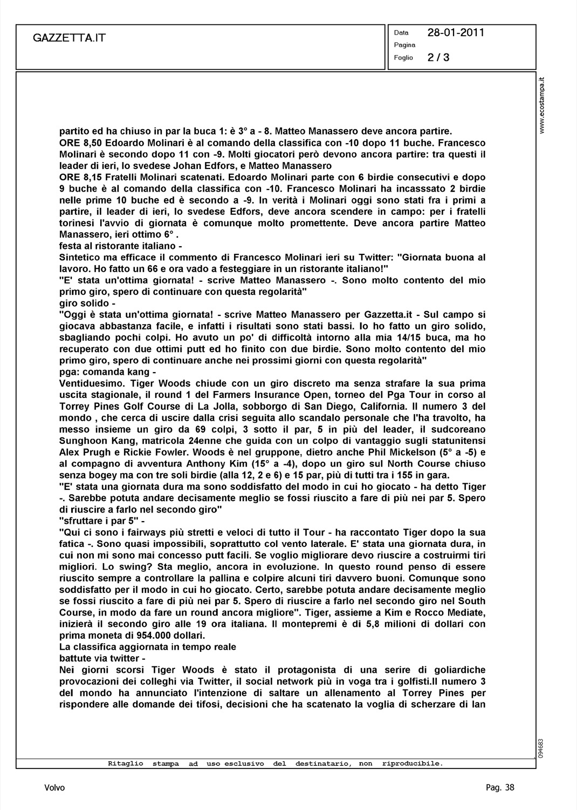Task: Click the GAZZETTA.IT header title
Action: click(69, 38)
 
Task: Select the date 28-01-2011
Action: click(456, 32)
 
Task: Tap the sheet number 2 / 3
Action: click(438, 57)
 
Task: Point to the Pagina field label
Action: click(404, 45)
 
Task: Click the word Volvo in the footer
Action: click(54, 788)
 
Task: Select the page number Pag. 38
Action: click(500, 788)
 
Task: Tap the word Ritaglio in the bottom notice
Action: click(126, 764)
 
